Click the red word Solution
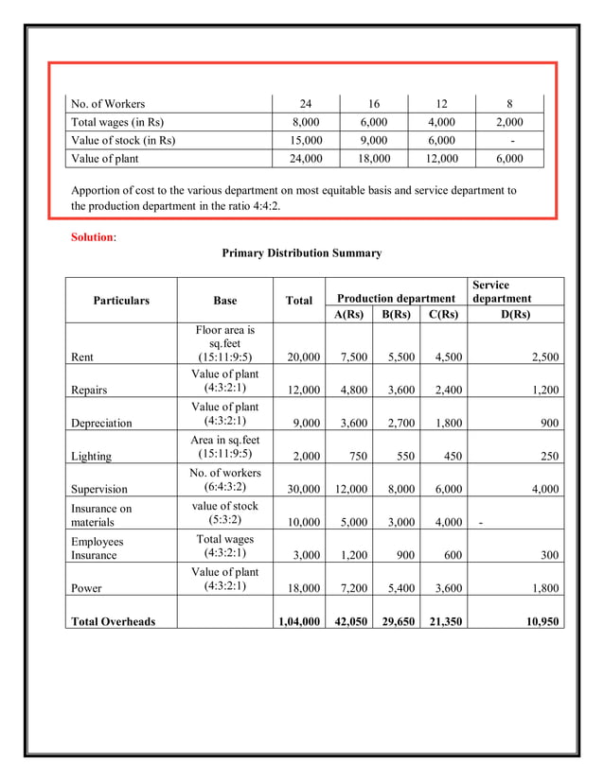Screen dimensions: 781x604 [92, 236]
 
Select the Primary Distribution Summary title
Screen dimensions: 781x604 [301, 253]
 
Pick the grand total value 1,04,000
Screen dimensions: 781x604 [297, 621]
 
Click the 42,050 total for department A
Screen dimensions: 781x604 [347, 621]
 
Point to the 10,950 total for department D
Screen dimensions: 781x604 [539, 621]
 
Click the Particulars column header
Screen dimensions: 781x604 [121, 301]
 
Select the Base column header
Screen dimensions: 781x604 [225, 301]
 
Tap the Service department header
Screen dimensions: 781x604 [501, 291]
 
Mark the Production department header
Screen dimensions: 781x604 [396, 299]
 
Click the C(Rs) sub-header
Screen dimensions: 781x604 [443, 314]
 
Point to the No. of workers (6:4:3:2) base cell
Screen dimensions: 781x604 [225, 480]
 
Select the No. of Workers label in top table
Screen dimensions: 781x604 [109, 104]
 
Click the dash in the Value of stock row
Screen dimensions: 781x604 [511, 140]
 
